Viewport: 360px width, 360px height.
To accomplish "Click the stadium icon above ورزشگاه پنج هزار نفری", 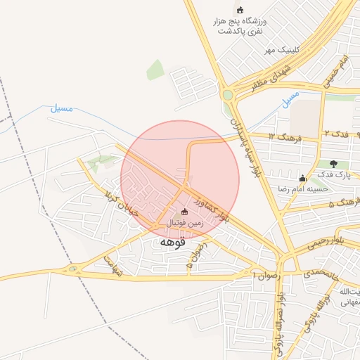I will coord(240,10).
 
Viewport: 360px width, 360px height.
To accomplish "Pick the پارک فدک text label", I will coord(330,174).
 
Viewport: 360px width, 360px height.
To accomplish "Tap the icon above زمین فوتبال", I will coord(185,212).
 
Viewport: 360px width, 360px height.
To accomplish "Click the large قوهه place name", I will coord(172,242).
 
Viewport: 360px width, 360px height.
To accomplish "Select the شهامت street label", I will coord(112,265).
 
